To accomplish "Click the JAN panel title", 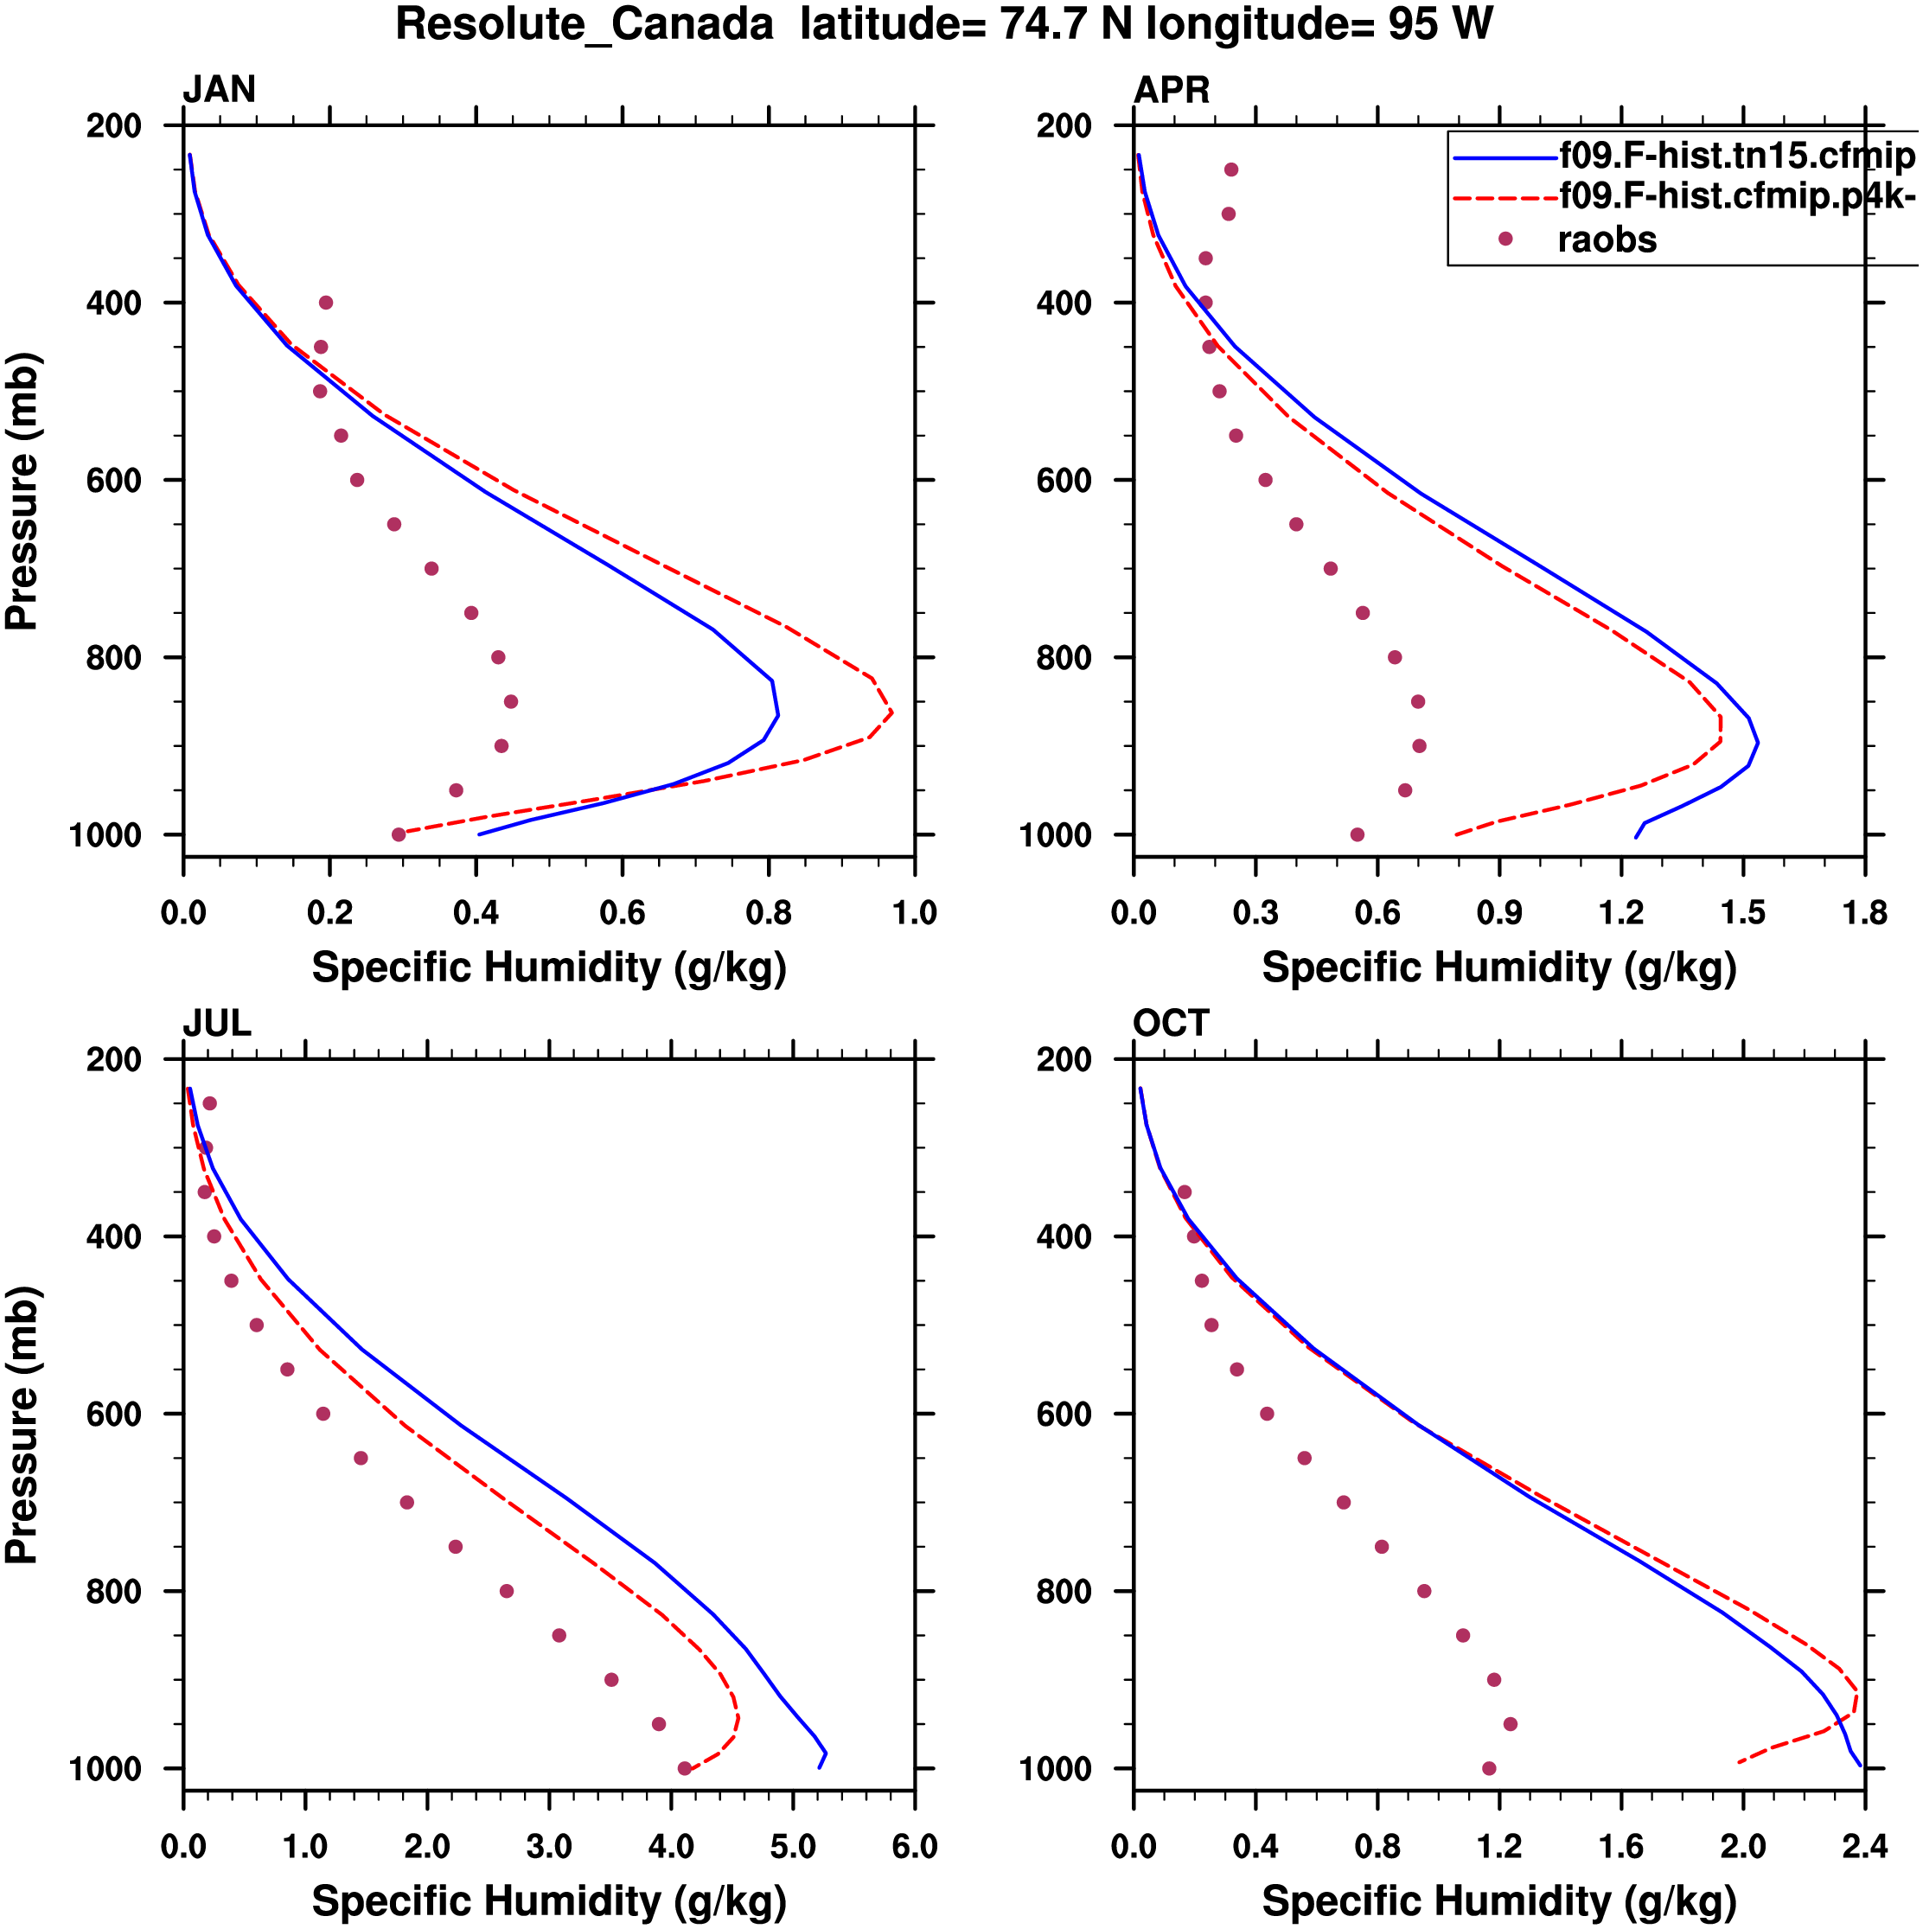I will (x=219, y=90).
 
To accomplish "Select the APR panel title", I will (x=1171, y=90).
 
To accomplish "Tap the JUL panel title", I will (x=217, y=1024).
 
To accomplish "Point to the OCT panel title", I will (x=1170, y=1024).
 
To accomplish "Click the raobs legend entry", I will (x=1607, y=240).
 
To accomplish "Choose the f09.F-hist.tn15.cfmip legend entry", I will (x=1736, y=156).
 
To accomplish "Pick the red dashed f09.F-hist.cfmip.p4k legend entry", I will (x=1736, y=196).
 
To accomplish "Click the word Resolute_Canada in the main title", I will (x=585, y=24).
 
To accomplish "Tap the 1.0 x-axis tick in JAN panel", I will (x=914, y=912).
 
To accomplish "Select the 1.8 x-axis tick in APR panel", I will (x=1864, y=912).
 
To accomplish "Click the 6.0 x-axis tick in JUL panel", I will (x=914, y=1847).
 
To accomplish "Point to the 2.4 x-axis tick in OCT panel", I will (x=1864, y=1847).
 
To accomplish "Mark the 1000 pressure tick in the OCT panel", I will (x=1057, y=1768).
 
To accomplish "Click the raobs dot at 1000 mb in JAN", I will (x=399, y=834).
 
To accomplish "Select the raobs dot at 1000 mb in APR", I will (x=1357, y=834).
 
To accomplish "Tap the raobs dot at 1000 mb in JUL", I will (x=684, y=1768).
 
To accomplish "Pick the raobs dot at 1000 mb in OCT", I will (x=1489, y=1768).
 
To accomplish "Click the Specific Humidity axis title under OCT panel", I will (x=1498, y=1901).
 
